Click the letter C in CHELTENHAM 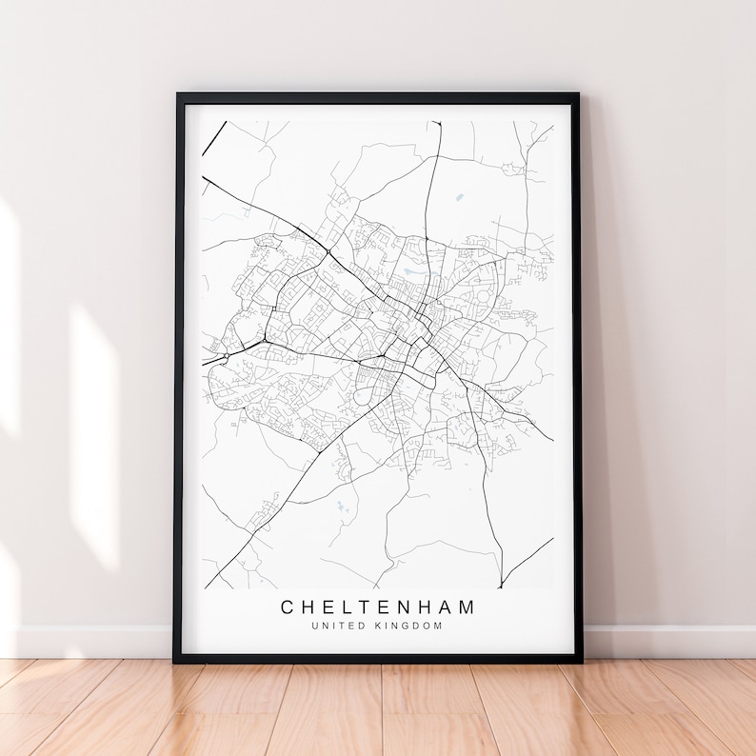(287, 607)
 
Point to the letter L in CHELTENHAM (329, 607)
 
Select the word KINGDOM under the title (409, 626)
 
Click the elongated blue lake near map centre (414, 272)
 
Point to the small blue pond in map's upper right (460, 197)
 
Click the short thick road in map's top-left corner (214, 135)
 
